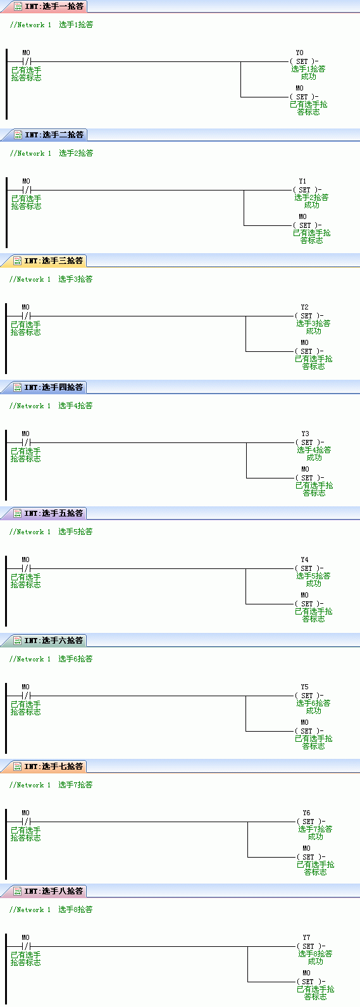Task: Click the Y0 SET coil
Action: (304, 61)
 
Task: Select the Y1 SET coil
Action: (307, 190)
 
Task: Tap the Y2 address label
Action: (305, 307)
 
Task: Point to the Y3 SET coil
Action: (309, 442)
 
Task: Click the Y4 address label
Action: (305, 560)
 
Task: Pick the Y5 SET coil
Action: (309, 696)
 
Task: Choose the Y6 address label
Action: (306, 813)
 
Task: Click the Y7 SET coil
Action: (311, 946)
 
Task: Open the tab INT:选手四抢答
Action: (49, 387)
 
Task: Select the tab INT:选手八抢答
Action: (49, 891)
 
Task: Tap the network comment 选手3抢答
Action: (75, 279)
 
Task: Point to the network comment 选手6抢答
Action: (75, 659)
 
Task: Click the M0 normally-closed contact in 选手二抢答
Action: (27, 190)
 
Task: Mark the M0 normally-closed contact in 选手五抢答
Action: (26, 568)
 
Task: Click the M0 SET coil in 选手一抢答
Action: (304, 97)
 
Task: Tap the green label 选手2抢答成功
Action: (311, 201)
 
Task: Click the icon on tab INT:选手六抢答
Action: (18, 640)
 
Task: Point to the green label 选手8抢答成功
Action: (315, 957)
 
